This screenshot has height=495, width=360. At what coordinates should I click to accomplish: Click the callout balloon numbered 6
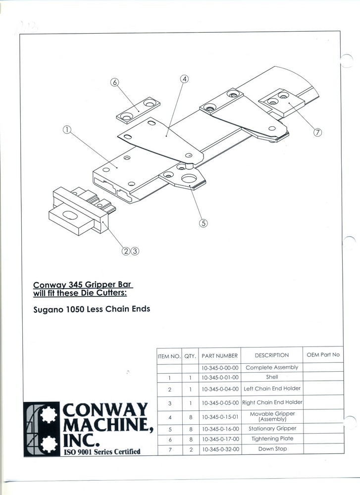[x=114, y=82]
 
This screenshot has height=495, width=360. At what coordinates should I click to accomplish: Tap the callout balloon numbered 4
[x=184, y=79]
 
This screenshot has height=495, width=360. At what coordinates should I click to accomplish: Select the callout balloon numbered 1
[x=67, y=129]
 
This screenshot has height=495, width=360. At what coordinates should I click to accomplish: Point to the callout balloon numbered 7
[x=317, y=133]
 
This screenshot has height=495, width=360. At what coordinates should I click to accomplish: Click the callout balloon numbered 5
[x=204, y=223]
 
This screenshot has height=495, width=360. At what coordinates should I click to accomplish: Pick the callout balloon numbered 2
[x=126, y=251]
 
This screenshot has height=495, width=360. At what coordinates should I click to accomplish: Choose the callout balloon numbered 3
[x=135, y=251]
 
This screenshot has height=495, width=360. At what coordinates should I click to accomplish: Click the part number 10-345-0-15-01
[x=220, y=417]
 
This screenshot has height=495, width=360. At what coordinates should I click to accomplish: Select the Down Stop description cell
[x=272, y=448]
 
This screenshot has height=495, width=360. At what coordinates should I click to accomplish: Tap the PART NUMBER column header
[x=219, y=356]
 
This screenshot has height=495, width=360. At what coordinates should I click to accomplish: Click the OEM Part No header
[x=323, y=355]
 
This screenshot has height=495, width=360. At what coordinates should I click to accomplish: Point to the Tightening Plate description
[x=272, y=439]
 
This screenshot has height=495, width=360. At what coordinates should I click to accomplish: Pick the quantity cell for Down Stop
[x=191, y=449]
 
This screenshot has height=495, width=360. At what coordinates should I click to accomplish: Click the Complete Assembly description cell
[x=272, y=367]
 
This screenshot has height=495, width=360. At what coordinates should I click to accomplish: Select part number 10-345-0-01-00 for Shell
[x=220, y=377]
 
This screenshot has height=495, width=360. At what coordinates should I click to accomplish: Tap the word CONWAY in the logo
[x=105, y=409]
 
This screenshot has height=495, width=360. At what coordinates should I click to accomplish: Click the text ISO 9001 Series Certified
[x=102, y=452]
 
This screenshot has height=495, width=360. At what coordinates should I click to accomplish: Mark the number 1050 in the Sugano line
[x=75, y=309]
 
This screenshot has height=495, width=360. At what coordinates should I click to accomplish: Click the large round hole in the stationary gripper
[x=189, y=179]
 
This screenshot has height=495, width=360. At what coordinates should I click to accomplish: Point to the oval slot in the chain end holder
[x=69, y=215]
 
